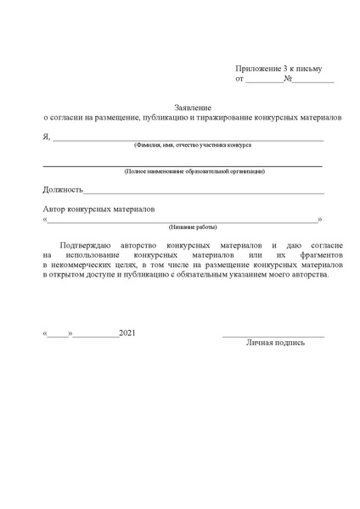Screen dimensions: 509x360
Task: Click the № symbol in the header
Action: click(289, 79)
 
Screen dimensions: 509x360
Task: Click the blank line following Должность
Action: click(204, 193)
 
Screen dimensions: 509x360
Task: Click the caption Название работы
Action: click(193, 227)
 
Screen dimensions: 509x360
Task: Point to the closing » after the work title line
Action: click(319, 219)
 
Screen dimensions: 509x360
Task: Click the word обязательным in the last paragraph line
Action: click(201, 277)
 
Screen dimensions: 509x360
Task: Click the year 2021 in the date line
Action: click(127, 333)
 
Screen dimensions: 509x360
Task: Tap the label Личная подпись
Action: click(275, 344)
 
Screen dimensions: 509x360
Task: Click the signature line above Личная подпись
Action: click(273, 337)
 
